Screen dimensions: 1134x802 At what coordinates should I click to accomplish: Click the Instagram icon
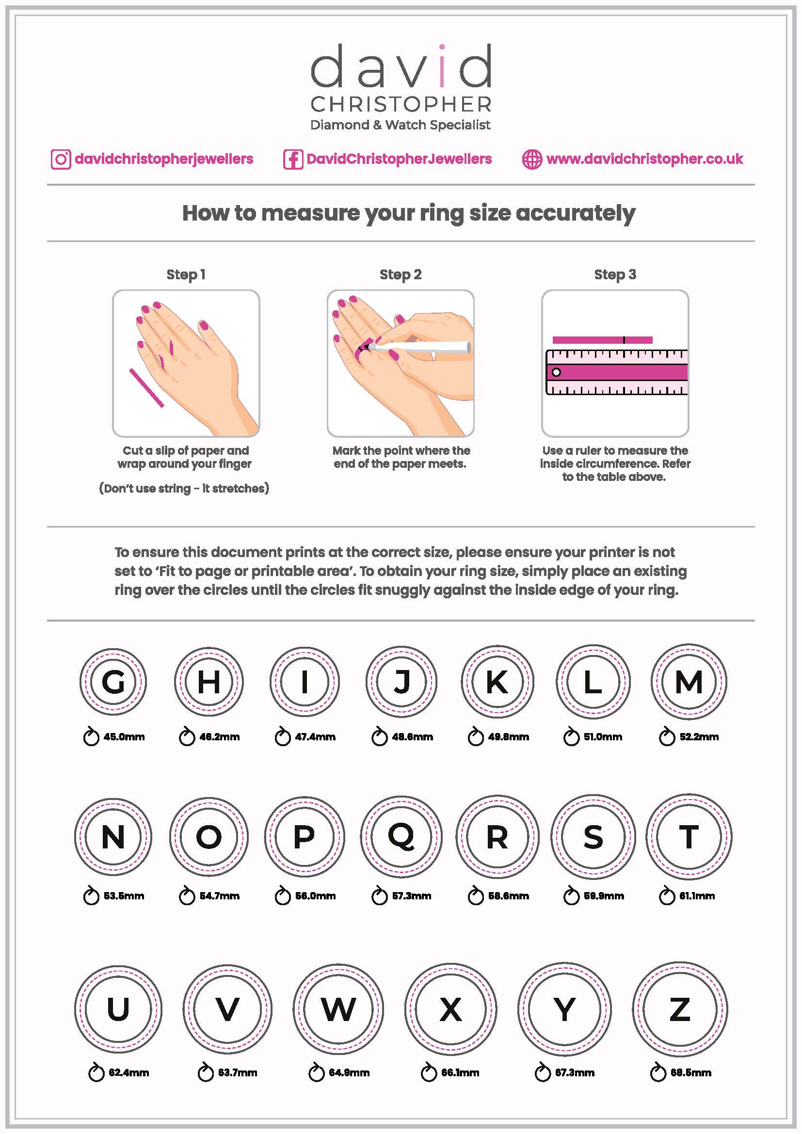61,159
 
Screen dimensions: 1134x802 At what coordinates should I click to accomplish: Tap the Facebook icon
292,159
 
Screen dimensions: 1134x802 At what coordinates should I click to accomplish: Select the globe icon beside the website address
532,159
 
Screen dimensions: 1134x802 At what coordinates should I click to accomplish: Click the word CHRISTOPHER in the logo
401,104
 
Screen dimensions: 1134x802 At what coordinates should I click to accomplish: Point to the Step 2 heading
400,274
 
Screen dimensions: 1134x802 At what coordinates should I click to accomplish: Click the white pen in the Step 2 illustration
425,347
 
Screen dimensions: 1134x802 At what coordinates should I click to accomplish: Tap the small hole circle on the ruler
556,372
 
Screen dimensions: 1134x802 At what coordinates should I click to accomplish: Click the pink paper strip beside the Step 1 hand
146,388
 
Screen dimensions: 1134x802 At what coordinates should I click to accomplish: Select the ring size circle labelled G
113,682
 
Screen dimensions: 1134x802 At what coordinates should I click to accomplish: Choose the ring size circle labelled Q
401,837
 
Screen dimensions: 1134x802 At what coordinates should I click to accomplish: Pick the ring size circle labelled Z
679,1008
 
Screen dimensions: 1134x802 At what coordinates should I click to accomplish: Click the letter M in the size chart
689,682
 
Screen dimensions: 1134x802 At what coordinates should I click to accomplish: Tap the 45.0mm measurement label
124,737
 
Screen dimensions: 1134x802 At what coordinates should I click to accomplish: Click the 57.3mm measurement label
411,896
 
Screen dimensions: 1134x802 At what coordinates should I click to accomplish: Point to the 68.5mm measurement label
690,1073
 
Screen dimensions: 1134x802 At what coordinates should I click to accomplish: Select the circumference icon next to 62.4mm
96,1073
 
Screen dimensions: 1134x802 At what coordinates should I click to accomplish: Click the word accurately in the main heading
576,213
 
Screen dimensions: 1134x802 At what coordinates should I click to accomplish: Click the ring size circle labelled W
338,1008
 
